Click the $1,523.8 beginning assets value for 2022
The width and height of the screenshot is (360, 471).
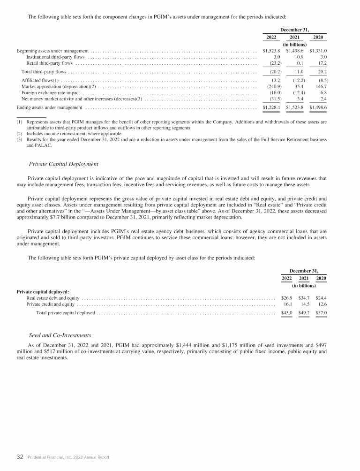click(271, 51)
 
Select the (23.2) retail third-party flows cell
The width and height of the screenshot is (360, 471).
click(272, 63)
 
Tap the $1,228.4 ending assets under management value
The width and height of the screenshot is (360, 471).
click(271, 108)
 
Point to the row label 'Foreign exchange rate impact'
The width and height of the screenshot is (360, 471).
click(48, 93)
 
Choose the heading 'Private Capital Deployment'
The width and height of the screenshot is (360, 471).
click(63, 164)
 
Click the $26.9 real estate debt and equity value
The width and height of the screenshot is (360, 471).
click(286, 298)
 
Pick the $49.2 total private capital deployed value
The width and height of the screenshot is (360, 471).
click(304, 313)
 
